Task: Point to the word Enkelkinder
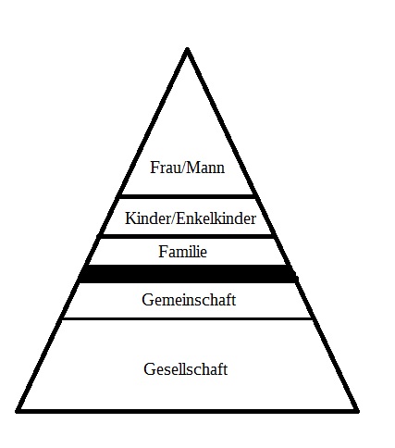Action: (216, 218)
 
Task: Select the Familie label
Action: (183, 252)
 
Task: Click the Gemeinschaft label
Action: (189, 300)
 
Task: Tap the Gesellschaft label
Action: (185, 369)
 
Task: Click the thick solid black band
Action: (188, 273)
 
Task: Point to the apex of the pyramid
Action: (187, 48)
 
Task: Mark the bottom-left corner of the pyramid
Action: (17, 411)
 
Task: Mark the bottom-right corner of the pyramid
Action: (358, 411)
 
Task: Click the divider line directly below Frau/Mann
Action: (187, 196)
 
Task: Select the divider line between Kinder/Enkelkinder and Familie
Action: (186, 236)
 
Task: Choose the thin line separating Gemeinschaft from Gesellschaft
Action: (188, 318)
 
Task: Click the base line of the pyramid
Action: (187, 411)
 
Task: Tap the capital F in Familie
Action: (163, 252)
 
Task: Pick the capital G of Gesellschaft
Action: (149, 369)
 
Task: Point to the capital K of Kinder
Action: (130, 218)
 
